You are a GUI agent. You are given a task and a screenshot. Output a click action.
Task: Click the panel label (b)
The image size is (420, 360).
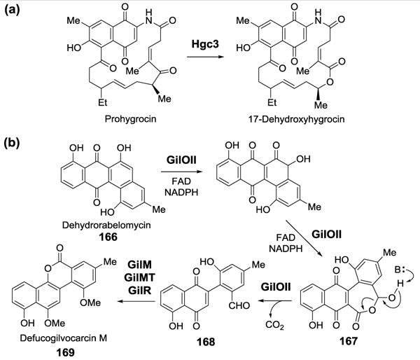coord(14,139)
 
